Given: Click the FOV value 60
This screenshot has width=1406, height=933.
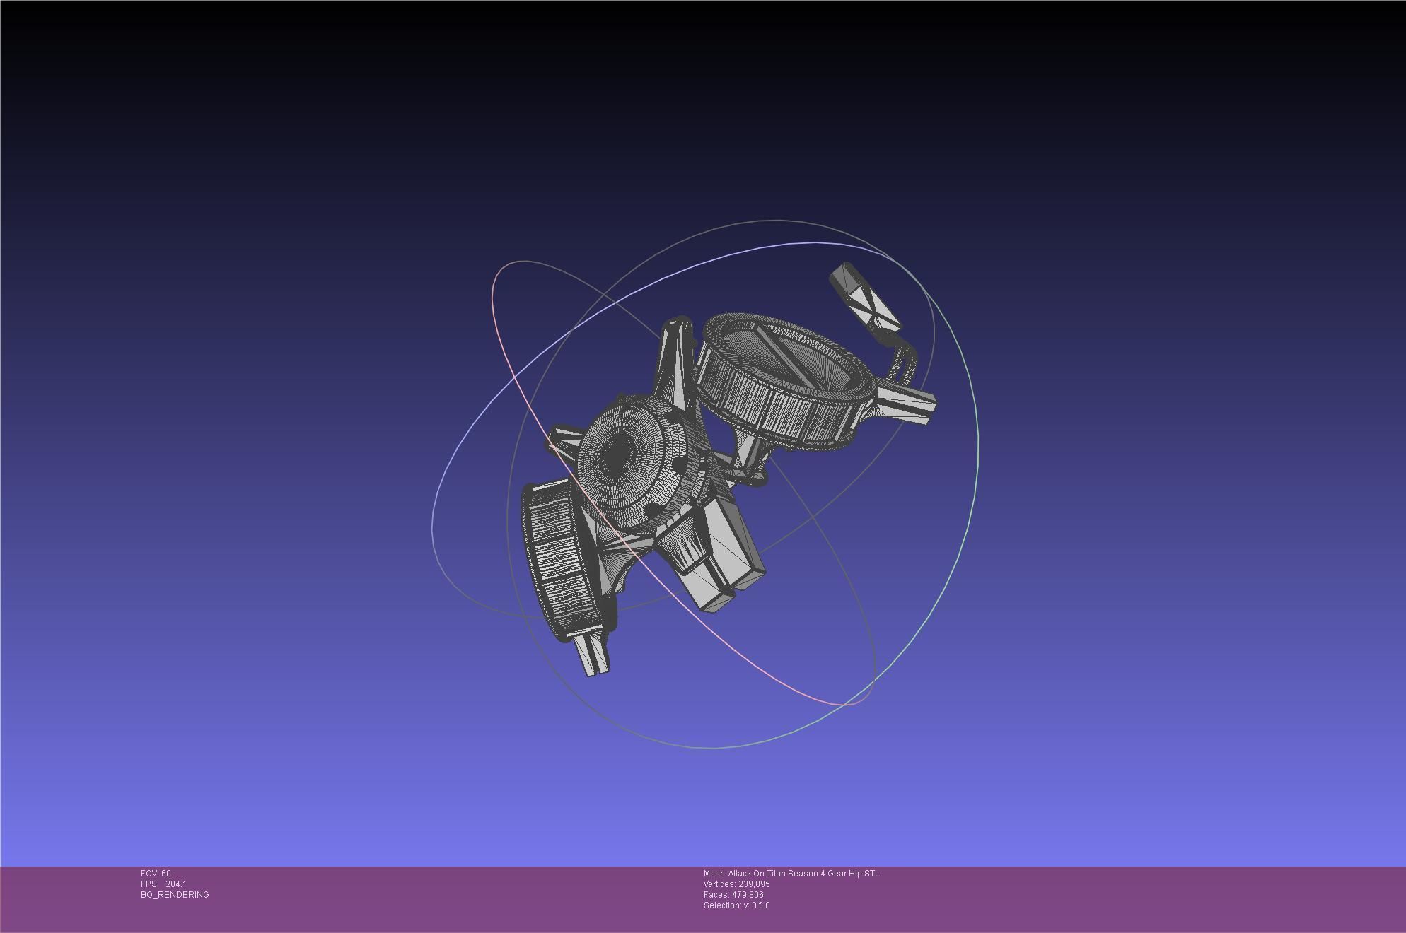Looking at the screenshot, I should pyautogui.click(x=166, y=874).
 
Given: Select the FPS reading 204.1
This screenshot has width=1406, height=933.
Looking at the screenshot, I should pyautogui.click(x=176, y=884).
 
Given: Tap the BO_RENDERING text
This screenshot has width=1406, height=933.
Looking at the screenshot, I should pyautogui.click(x=175, y=895).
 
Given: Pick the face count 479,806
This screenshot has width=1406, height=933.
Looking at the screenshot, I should pyautogui.click(x=748, y=895).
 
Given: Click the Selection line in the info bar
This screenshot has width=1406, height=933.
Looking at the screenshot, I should pyautogui.click(x=736, y=905).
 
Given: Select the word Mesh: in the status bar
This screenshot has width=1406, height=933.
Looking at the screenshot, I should pyautogui.click(x=715, y=874).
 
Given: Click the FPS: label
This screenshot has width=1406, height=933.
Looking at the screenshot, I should pyautogui.click(x=149, y=884).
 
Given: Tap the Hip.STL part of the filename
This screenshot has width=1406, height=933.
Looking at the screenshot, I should pyautogui.click(x=864, y=874).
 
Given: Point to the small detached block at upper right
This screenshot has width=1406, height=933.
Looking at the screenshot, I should pyautogui.click(x=864, y=296).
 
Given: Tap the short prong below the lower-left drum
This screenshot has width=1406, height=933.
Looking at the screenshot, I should pyautogui.click(x=592, y=654).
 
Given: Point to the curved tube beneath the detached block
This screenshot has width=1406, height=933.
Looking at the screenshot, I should pyautogui.click(x=903, y=357).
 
